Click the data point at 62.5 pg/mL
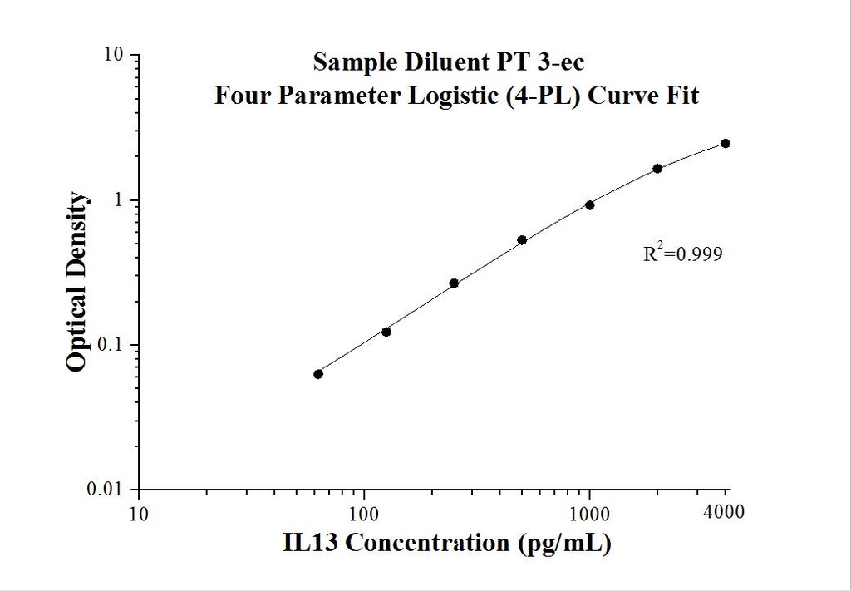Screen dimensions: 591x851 (x=318, y=374)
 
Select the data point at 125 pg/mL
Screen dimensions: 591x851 (x=386, y=332)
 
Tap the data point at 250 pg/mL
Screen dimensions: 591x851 (x=454, y=283)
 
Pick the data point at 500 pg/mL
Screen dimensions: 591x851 (x=522, y=240)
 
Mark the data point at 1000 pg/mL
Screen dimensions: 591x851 (x=590, y=204)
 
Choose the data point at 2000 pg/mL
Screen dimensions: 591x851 (x=657, y=168)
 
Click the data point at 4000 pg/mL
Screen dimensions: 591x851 (x=726, y=143)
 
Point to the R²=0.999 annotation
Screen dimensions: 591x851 (x=682, y=254)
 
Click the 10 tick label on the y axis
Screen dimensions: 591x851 (x=114, y=56)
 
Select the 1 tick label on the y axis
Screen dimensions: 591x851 (x=119, y=200)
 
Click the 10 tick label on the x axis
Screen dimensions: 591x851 (x=139, y=513)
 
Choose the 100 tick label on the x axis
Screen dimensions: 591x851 (x=364, y=513)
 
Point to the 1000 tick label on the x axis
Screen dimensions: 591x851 (x=589, y=513)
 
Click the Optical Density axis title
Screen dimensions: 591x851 (x=76, y=282)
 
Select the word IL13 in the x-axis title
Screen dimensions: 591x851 (x=310, y=544)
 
